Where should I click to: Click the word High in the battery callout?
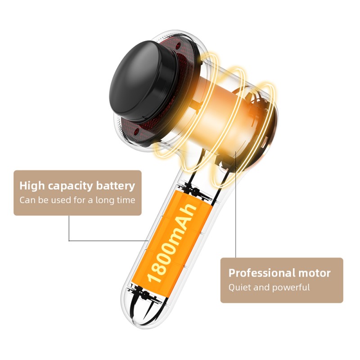[32, 186]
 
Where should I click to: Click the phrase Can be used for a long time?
[77, 200]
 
